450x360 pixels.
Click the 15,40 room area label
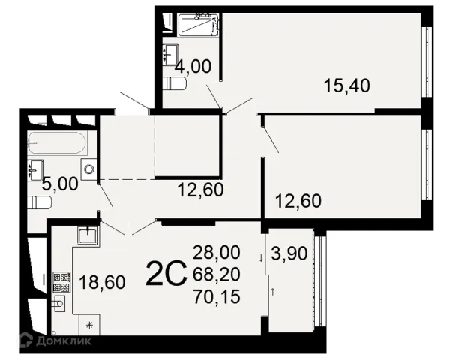pos(347,85)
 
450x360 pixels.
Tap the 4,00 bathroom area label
pos(193,66)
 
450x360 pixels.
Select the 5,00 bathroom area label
pos(60,184)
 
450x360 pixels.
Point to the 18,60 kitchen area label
pos(102,282)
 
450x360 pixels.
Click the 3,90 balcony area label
pos(289,253)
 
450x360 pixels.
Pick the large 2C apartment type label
pos(166,273)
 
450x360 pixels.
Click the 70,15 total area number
pos(217,296)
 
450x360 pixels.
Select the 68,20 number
pos(217,274)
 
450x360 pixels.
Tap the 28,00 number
pos(217,253)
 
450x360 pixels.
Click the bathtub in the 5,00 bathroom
pos(57,142)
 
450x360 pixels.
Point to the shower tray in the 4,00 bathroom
pos(198,25)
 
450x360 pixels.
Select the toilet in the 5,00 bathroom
pos(40,202)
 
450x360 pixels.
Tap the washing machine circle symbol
pos(89,169)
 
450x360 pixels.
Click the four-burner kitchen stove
pos(61,282)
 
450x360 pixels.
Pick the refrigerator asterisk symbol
pos(90,325)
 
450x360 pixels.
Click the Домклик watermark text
pos(64,340)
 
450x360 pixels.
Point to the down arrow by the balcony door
pos(261,258)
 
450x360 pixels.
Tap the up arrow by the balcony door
pos(273,292)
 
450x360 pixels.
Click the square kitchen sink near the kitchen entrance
pos(88,235)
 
